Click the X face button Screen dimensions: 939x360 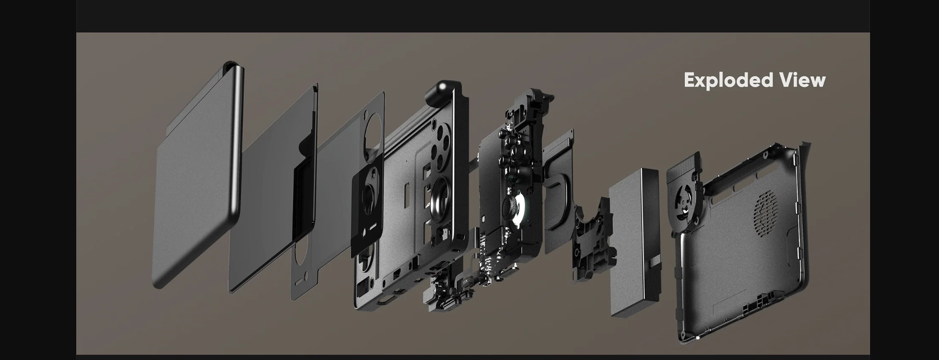pos(508,142)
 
